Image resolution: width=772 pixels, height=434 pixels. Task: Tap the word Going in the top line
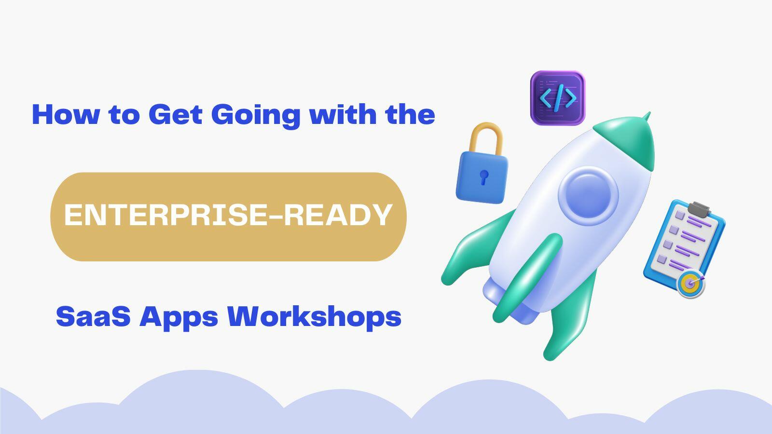pos(255,115)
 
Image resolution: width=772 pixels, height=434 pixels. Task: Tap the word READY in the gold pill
pos(337,215)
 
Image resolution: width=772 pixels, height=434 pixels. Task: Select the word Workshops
pos(314,317)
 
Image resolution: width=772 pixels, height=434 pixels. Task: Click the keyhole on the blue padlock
pos(483,177)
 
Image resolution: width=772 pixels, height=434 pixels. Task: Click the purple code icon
pos(557,98)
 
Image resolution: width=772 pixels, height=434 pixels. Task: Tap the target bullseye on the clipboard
pos(690,284)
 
